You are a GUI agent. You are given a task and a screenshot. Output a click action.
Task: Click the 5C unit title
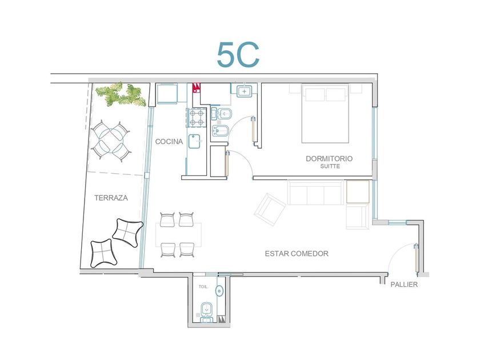click(x=238, y=55)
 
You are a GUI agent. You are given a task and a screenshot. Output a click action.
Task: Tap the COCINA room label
click(x=169, y=142)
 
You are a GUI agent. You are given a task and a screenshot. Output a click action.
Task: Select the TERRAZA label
click(x=111, y=198)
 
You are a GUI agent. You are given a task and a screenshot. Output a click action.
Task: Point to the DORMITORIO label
click(x=329, y=159)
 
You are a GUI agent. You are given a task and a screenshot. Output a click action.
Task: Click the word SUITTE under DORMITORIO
click(x=330, y=166)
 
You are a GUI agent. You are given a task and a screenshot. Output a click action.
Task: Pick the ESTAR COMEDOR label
click(x=297, y=254)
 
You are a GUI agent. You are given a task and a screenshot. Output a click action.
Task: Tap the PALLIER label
click(x=404, y=285)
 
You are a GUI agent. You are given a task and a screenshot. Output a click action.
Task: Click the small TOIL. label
click(x=203, y=287)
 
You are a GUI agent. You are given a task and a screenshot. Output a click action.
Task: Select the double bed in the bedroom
click(x=325, y=114)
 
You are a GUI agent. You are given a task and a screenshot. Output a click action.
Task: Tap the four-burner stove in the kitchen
click(x=196, y=118)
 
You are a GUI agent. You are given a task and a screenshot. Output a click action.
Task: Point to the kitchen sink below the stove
click(x=194, y=141)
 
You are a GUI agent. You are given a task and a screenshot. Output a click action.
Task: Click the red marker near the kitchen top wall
click(x=196, y=87)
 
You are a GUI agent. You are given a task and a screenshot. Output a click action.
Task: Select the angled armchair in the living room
click(x=270, y=209)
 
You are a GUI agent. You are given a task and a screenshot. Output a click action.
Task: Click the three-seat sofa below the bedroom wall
click(x=315, y=193)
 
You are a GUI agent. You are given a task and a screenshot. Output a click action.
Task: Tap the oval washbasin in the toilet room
click(x=219, y=290)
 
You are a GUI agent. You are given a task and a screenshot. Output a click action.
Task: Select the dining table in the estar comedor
click(x=178, y=235)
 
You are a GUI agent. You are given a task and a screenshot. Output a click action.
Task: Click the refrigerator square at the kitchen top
click(x=167, y=93)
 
